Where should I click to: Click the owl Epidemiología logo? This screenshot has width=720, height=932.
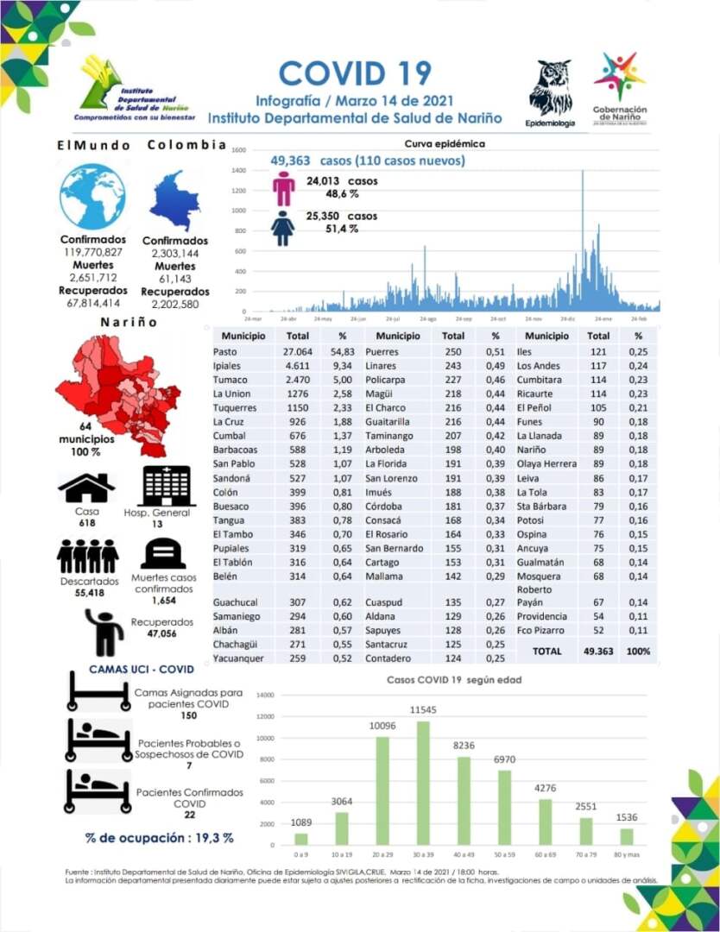[x=550, y=88]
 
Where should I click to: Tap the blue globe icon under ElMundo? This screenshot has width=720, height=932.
[x=92, y=197]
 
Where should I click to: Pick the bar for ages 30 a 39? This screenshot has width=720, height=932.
[x=423, y=783]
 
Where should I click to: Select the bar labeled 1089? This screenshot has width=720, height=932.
[x=300, y=838]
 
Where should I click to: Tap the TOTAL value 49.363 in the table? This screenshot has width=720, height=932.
[x=598, y=652]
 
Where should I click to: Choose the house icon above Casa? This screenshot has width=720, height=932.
[x=86, y=488]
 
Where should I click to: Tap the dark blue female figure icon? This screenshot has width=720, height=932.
[x=283, y=228]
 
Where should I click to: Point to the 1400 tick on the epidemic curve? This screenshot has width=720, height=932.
[x=238, y=170]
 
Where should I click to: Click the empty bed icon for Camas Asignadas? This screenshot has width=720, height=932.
[x=99, y=693]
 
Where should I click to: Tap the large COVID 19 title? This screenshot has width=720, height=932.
[x=355, y=73]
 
